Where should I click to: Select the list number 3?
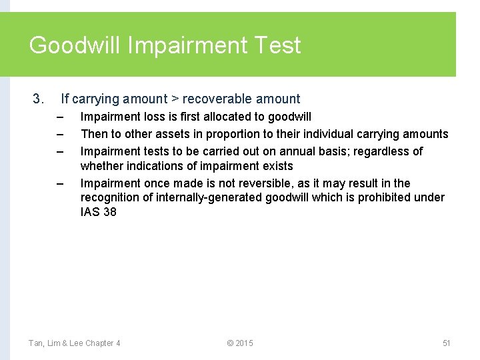click(37, 99)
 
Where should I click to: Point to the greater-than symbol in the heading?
click(175, 99)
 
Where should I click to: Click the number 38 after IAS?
click(109, 213)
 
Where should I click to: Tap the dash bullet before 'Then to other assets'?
click(59, 135)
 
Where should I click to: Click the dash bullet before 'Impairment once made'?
click(59, 184)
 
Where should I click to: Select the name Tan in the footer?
click(36, 343)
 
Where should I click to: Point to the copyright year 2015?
click(244, 343)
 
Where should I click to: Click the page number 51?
click(447, 343)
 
